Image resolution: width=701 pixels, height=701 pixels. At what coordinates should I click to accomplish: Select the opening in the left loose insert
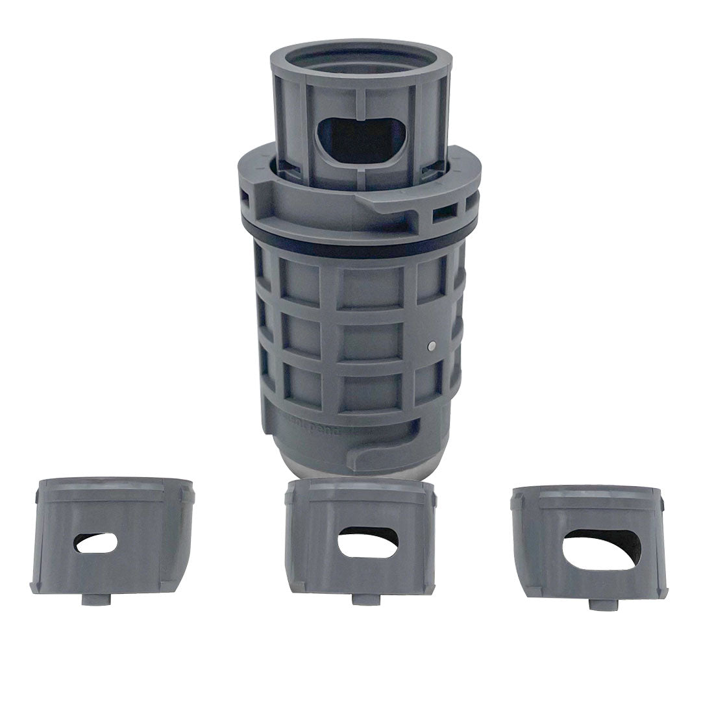(x=96, y=543)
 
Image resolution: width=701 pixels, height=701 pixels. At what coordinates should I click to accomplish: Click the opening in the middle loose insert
(x=369, y=541)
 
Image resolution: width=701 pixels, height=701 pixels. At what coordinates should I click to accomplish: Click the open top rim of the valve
(x=361, y=54)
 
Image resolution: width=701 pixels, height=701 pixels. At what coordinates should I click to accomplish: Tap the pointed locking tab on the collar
(x=389, y=208)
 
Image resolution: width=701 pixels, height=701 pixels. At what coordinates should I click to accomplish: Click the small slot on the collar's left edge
(x=245, y=195)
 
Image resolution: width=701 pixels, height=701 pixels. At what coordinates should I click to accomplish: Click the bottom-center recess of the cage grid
(x=361, y=389)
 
